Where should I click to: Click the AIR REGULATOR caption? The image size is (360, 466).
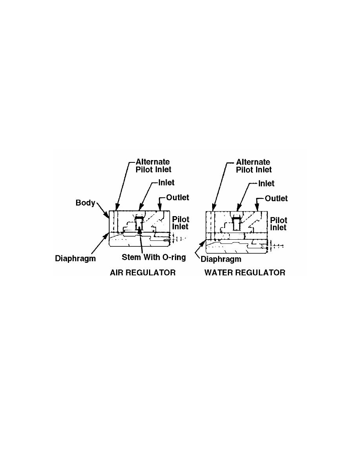click(143, 273)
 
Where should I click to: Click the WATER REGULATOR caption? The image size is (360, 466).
click(245, 273)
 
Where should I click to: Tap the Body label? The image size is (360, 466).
click(85, 203)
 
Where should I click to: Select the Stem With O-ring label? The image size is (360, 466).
click(154, 257)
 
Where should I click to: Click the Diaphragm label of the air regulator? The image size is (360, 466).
click(75, 258)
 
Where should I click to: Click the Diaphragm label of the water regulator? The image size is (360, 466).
click(221, 259)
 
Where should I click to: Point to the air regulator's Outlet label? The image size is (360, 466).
click(178, 197)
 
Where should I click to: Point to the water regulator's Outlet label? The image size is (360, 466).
click(276, 198)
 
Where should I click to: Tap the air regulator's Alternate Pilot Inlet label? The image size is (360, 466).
click(153, 166)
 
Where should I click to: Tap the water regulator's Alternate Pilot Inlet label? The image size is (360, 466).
click(254, 166)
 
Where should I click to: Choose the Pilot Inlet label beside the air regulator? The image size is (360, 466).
click(181, 223)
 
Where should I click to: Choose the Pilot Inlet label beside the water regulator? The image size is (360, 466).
click(278, 224)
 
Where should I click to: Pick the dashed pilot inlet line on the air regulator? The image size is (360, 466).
click(178, 238)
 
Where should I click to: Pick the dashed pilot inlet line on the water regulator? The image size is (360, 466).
click(276, 246)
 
